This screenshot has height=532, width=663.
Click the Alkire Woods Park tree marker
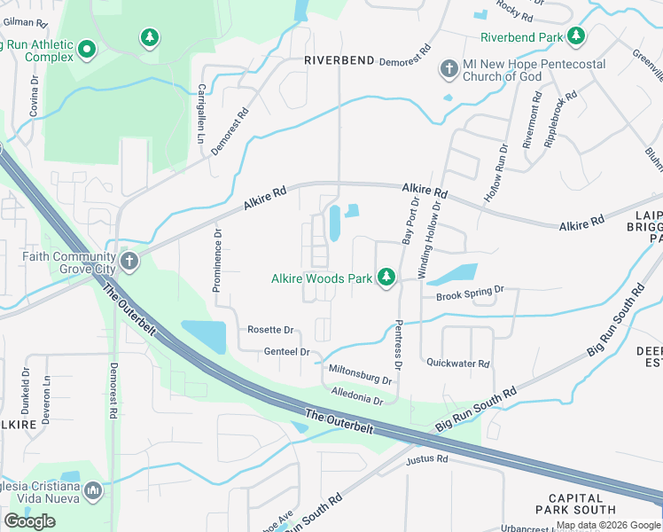(x=386, y=278)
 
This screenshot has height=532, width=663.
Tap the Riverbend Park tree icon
(x=577, y=36)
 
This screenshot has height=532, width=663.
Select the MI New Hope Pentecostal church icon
(x=448, y=68)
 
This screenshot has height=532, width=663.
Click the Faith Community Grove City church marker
(x=129, y=262)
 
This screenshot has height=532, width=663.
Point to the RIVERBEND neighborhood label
(x=340, y=60)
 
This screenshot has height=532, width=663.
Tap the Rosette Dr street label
(x=270, y=331)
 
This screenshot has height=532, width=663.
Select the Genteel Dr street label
(x=287, y=352)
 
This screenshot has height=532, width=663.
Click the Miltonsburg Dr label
(x=360, y=373)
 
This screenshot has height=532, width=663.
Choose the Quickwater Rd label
(x=458, y=364)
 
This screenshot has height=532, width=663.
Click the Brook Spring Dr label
(x=470, y=292)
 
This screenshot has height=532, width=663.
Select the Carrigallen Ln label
(x=201, y=114)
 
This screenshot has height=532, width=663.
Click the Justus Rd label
(x=427, y=460)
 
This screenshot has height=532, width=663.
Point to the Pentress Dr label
(x=398, y=345)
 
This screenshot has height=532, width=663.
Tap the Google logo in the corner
(x=30, y=521)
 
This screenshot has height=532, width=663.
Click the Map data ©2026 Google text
(x=607, y=525)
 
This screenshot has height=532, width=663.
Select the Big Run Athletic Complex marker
(x=86, y=51)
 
